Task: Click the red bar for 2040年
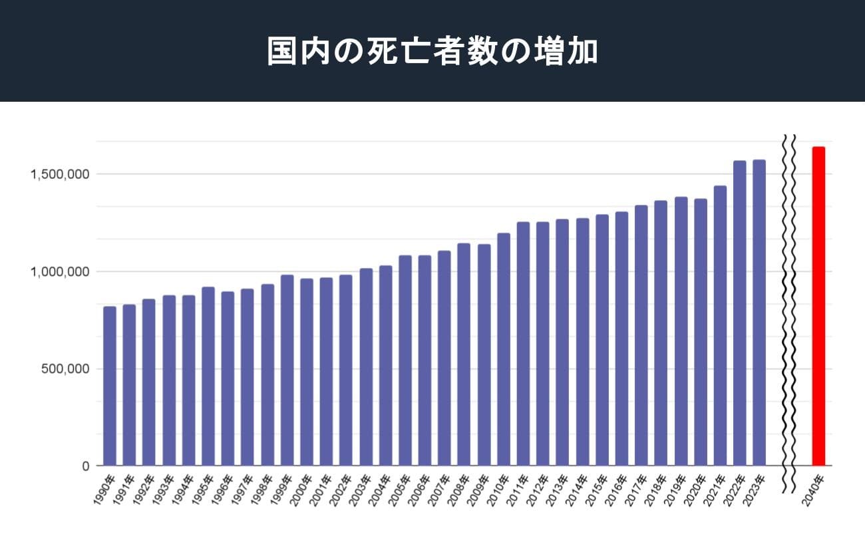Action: [818, 306]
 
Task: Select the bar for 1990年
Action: [110, 386]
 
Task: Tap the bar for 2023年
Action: [759, 313]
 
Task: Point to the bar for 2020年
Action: [700, 333]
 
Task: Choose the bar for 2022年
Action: [739, 313]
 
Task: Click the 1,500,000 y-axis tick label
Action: [60, 174]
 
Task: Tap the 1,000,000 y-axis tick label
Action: [60, 271]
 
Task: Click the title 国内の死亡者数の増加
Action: [432, 52]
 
